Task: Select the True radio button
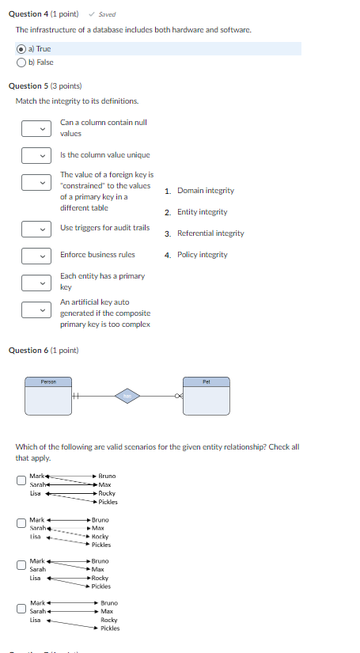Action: pos(21,49)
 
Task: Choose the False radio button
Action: pos(21,61)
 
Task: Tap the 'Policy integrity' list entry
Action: pos(202,255)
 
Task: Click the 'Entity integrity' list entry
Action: pos(202,212)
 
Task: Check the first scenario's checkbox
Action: pos(21,480)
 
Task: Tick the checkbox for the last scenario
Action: pos(21,609)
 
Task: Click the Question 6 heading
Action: pos(44,350)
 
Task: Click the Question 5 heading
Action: pos(45,85)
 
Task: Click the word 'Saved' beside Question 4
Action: pos(107,14)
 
